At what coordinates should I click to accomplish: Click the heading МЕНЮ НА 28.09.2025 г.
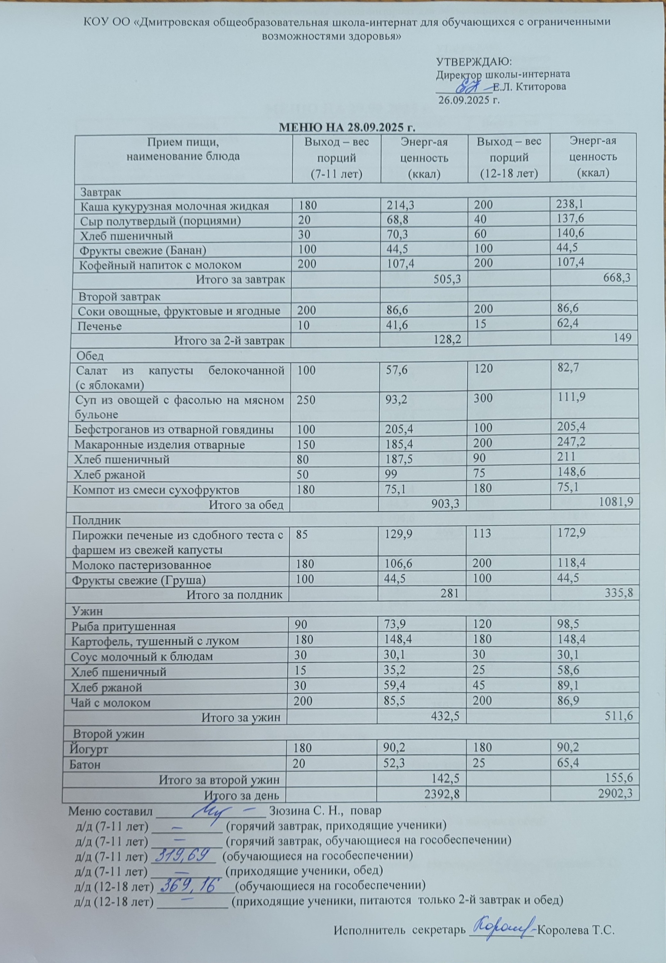348,127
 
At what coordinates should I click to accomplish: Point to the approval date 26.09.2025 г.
468,101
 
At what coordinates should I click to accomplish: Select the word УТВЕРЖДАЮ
474,62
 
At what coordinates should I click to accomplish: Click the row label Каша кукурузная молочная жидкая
174,206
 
